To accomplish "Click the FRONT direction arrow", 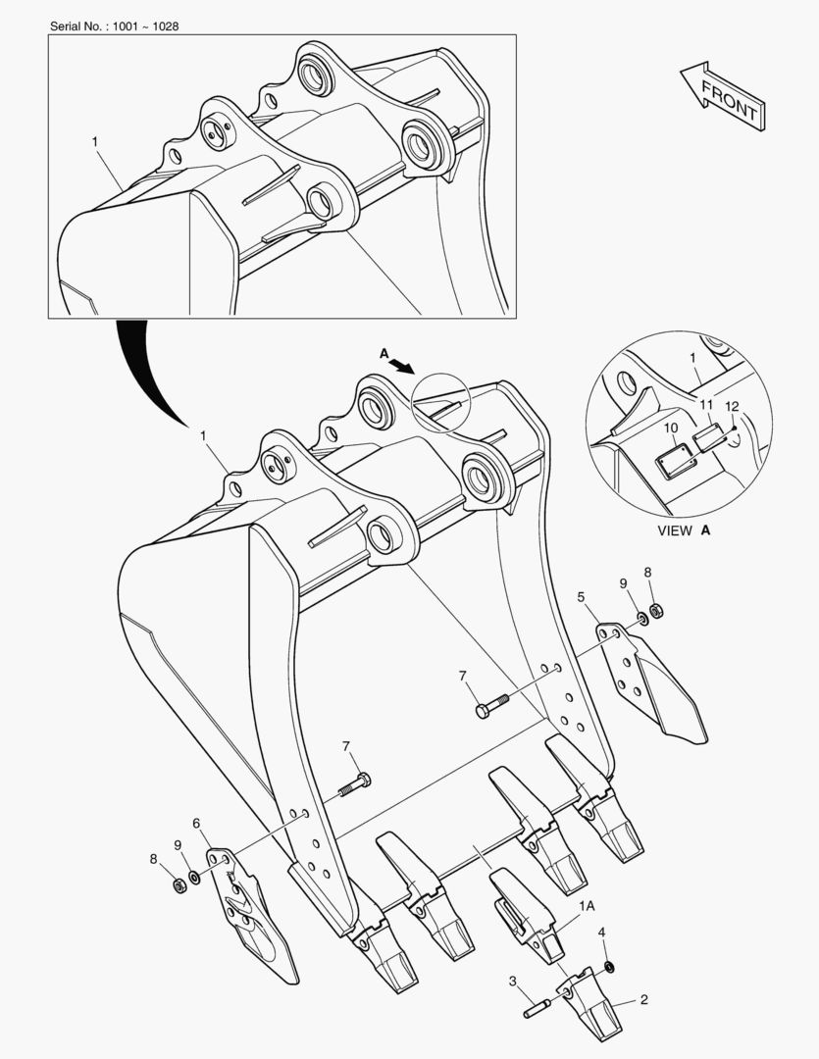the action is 723,96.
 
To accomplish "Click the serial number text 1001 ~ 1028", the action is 145,26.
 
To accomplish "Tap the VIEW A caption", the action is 684,530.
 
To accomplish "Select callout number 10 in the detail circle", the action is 670,429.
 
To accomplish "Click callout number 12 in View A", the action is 732,407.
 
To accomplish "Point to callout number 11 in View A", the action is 706,405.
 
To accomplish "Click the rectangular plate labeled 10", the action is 675,460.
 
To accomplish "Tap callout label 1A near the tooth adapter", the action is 587,906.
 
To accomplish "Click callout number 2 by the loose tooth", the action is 644,999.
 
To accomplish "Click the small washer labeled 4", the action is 609,967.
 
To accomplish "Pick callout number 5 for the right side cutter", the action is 581,596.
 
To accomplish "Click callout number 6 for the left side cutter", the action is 196,823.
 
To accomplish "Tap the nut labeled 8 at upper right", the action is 655,612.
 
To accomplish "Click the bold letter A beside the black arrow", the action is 384,353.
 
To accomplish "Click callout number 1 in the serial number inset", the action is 94,142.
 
